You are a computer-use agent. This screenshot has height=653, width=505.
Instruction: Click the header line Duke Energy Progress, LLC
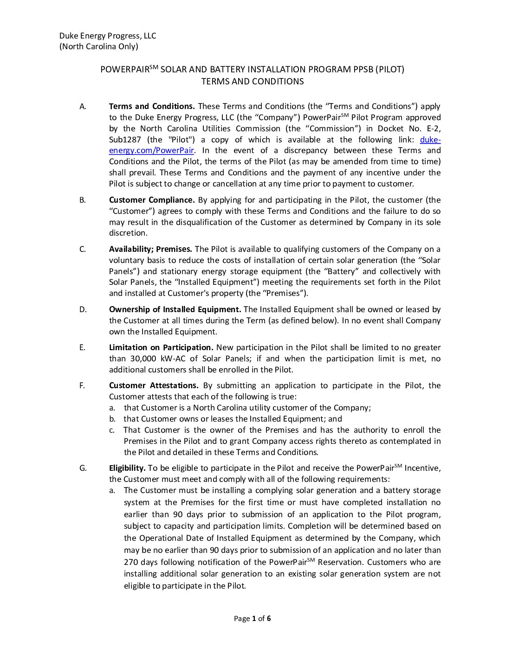(108, 36)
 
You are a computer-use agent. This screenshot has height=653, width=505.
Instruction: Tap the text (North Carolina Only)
(98, 46)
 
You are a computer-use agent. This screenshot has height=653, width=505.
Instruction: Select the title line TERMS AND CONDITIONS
(252, 82)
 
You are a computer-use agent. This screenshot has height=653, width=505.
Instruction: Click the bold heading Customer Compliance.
(152, 200)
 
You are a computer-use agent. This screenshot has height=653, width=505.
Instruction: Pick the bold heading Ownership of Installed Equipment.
(175, 309)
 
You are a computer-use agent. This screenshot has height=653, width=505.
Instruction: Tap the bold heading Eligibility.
(127, 468)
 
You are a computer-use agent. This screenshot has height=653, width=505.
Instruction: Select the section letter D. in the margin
(83, 309)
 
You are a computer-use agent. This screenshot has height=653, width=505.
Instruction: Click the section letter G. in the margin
(83, 468)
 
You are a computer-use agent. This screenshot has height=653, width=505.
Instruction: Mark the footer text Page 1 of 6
(252, 618)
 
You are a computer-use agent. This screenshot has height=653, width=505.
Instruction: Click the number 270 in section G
(131, 562)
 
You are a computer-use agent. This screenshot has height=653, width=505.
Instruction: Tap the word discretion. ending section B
(128, 233)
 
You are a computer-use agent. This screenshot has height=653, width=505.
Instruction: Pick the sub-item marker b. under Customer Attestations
(112, 419)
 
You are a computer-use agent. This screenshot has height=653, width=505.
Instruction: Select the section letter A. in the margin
(83, 106)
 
